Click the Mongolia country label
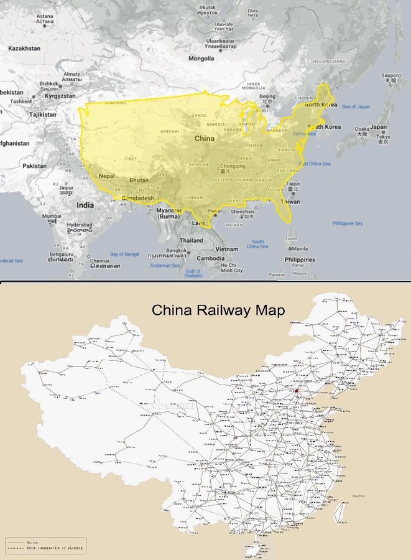pyautogui.click(x=201, y=58)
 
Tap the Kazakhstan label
pyautogui.click(x=24, y=48)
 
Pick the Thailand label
pyautogui.click(x=191, y=240)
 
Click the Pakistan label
pyautogui.click(x=35, y=166)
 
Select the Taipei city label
pyautogui.click(x=293, y=184)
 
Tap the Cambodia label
pyautogui.click(x=211, y=258)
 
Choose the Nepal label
pyautogui.click(x=106, y=175)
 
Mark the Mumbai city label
pyautogui.click(x=52, y=217)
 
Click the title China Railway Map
pyautogui.click(x=219, y=310)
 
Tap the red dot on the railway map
pyautogui.click(x=297, y=390)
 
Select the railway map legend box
pyautogui.click(x=46, y=546)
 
